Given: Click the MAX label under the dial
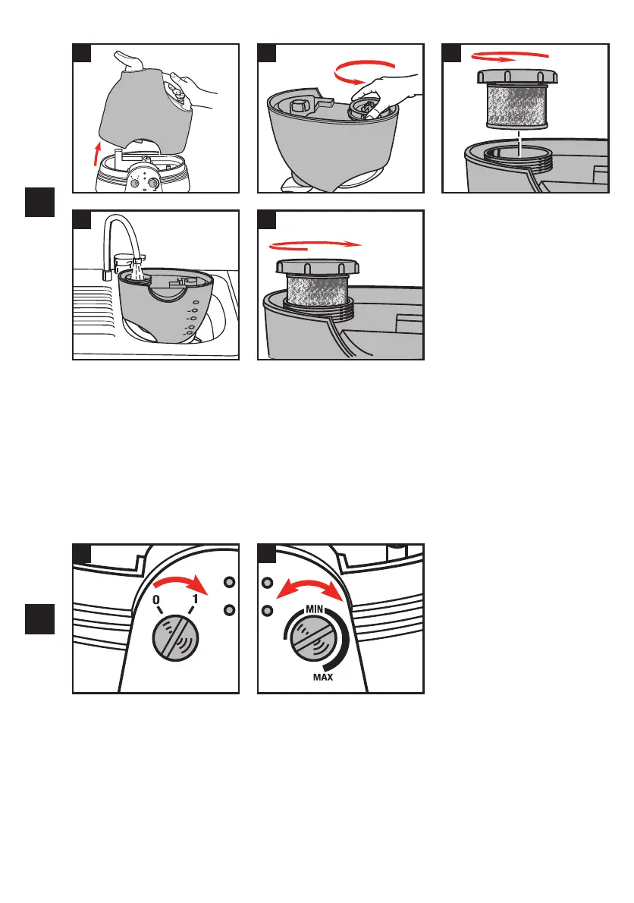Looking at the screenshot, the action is pos(323,677).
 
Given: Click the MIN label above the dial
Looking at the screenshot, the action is pos(315,609).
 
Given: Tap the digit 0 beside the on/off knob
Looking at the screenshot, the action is pos(156,600).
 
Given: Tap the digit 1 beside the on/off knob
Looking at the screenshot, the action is pos(195,599).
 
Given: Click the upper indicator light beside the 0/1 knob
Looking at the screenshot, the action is pos(229,582).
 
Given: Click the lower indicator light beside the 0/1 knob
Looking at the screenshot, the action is pos(229,609).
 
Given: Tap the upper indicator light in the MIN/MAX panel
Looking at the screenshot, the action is pos(267,583).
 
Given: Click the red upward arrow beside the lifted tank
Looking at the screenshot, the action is pos(97,154).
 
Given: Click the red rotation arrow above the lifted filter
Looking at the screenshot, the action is pos(510,56).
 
